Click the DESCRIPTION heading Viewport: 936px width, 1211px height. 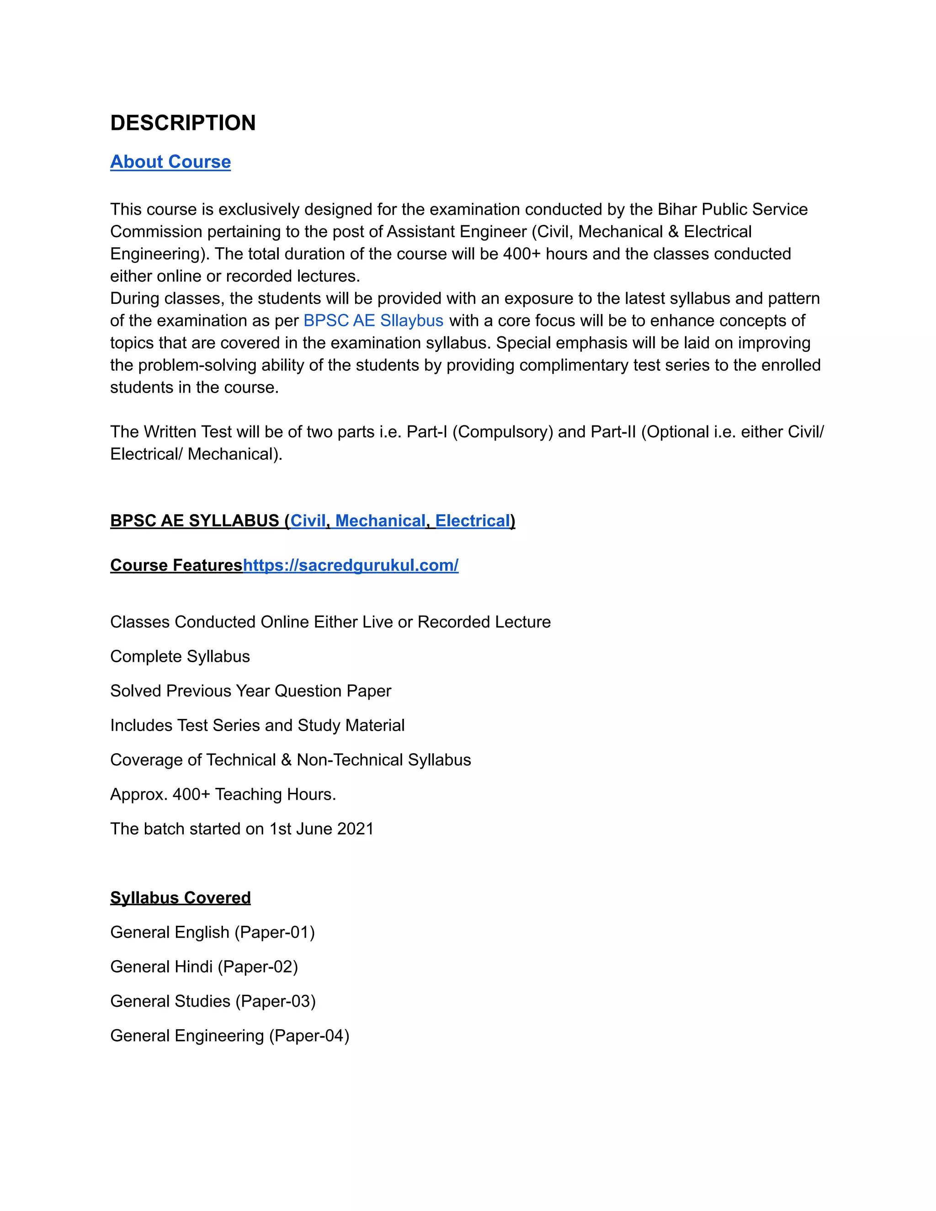pyautogui.click(x=183, y=122)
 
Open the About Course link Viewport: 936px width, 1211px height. pyautogui.click(x=170, y=161)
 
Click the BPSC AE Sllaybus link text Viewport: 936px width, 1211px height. pyautogui.click(x=373, y=320)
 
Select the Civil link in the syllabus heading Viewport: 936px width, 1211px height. pyautogui.click(x=308, y=521)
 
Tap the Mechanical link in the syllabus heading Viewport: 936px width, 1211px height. pyautogui.click(x=380, y=521)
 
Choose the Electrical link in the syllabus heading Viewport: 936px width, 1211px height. pyautogui.click(x=473, y=521)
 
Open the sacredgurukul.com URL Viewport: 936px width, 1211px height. pyautogui.click(x=351, y=565)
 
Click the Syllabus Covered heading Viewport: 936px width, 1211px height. pyautogui.click(x=180, y=898)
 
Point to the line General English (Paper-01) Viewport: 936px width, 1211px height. pyautogui.click(x=213, y=932)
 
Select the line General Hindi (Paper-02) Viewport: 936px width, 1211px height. pyautogui.click(x=204, y=967)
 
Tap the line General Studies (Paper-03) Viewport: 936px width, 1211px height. pyautogui.click(x=213, y=1001)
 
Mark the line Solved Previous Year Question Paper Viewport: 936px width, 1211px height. pyautogui.click(x=250, y=690)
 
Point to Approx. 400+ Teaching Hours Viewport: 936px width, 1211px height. pyautogui.click(x=223, y=794)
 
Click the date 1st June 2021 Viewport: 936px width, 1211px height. pyautogui.click(x=322, y=829)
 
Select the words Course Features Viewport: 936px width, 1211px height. pyautogui.click(x=176, y=565)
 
